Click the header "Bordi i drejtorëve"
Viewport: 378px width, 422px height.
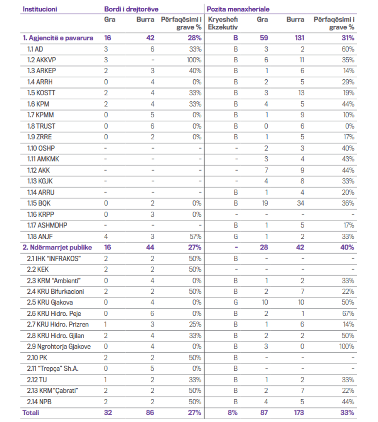click(131, 9)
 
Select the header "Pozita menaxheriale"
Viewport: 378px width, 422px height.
click(238, 9)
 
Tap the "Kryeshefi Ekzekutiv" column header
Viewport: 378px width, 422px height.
click(223, 23)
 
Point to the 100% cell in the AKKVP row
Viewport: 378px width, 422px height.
click(194, 60)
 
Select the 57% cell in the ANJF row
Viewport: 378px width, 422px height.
click(195, 236)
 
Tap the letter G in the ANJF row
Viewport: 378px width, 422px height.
click(236, 236)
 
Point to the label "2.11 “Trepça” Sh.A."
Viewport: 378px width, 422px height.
click(53, 368)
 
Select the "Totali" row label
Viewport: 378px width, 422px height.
click(31, 412)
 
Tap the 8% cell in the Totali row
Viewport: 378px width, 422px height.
click(232, 412)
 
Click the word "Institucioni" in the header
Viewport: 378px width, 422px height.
click(40, 9)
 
